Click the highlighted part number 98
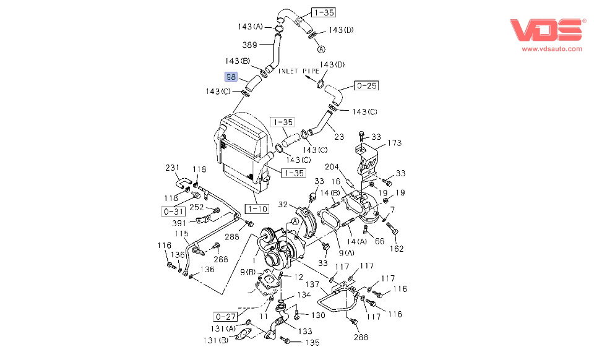(231, 77)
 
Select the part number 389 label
(249, 45)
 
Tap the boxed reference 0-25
(366, 85)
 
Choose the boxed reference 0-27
(226, 317)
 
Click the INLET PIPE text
(298, 71)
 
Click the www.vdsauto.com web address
(552, 48)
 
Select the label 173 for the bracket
(395, 144)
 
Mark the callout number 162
(396, 249)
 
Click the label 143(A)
(250, 27)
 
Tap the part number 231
(172, 168)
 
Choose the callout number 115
(181, 234)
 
